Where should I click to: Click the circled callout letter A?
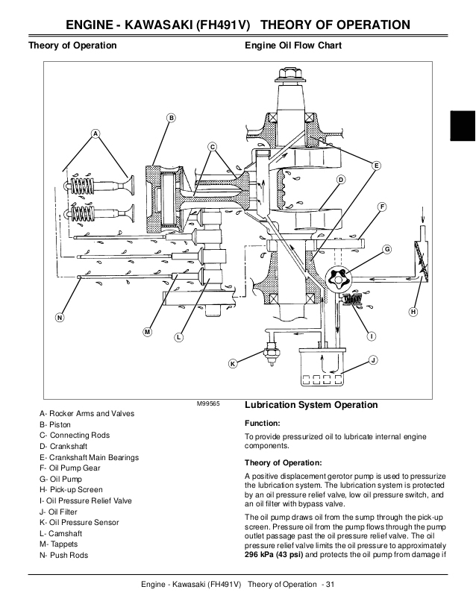coord(95,133)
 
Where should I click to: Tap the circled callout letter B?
coord(171,118)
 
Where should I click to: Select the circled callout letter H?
coord(413,311)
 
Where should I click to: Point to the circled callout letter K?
coord(233,363)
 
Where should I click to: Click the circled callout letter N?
coord(59,318)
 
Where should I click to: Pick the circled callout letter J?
coord(372,360)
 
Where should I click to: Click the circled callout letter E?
coord(376,165)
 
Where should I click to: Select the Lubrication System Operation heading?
coord(311,405)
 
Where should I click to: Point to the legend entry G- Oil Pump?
coord(61,478)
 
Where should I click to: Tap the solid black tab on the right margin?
coord(462,123)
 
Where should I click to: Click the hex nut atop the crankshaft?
coord(289,75)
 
